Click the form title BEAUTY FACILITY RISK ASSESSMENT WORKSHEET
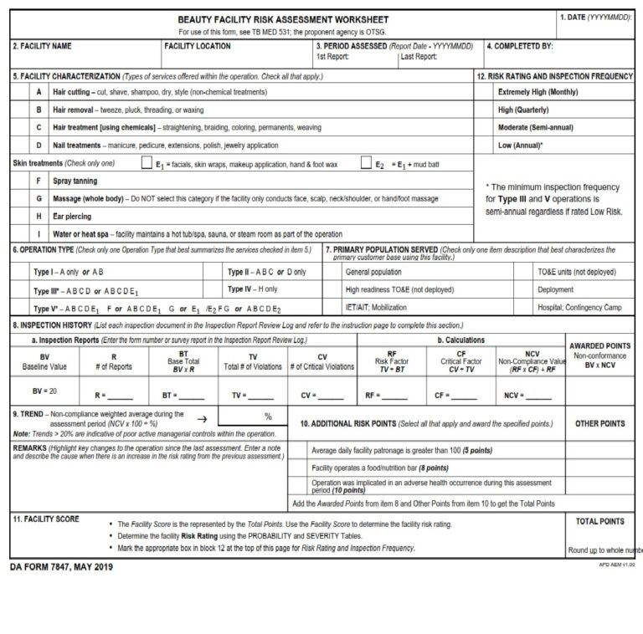click(283, 19)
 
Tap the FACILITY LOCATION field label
click(198, 46)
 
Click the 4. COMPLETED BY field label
click(520, 46)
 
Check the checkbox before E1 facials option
click(147, 164)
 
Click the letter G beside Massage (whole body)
click(39, 198)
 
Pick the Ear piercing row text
click(73, 216)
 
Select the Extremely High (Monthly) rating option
click(538, 92)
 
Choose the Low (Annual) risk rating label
click(520, 145)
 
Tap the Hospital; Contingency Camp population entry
click(579, 308)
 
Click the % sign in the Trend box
click(268, 417)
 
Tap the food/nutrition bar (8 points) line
click(380, 468)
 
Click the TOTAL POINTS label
click(600, 521)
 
